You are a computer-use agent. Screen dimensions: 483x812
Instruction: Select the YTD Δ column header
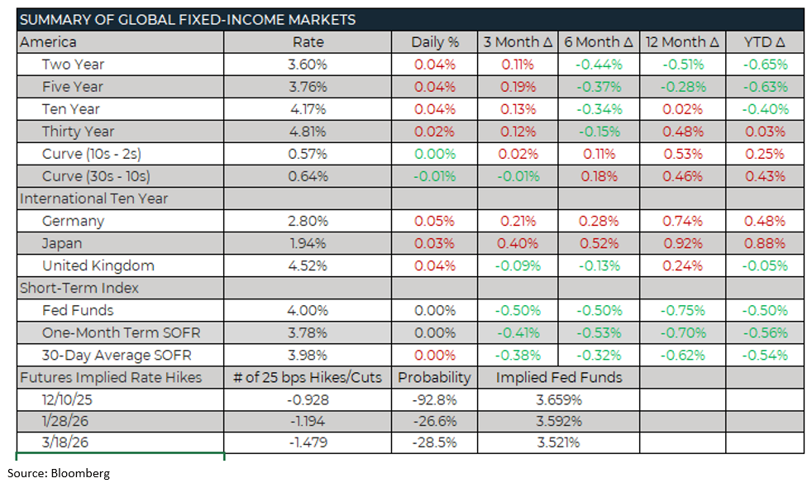tap(765, 42)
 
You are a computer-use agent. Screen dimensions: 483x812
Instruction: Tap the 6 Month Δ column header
tap(599, 42)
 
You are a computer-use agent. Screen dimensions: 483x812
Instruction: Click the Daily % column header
tap(434, 42)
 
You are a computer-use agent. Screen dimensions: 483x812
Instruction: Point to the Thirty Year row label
tap(79, 132)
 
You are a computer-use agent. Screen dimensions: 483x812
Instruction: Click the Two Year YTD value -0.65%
tap(765, 65)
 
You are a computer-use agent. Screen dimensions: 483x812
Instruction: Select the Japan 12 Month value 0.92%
tap(682, 244)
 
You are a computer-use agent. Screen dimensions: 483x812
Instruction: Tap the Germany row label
tap(73, 222)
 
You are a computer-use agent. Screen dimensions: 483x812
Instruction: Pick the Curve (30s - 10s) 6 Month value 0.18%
tap(599, 176)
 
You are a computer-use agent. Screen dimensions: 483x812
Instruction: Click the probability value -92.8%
tap(434, 400)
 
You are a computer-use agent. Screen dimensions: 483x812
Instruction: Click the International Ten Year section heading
tap(94, 198)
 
